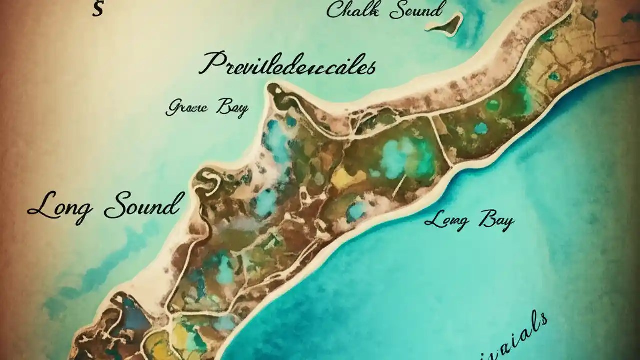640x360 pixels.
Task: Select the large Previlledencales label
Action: [x=287, y=65]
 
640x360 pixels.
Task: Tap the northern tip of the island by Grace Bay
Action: [x=274, y=90]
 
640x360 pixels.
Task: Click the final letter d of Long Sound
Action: [x=172, y=202]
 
